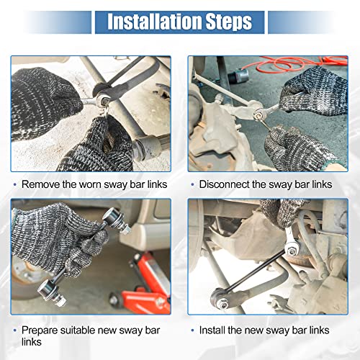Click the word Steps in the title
(x=229, y=22)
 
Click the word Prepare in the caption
(x=40, y=330)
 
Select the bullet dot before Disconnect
(x=192, y=184)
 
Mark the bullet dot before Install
(x=192, y=330)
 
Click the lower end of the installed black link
(x=220, y=298)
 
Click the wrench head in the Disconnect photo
(x=260, y=114)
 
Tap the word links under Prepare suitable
(x=32, y=342)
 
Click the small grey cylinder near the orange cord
(x=237, y=76)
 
